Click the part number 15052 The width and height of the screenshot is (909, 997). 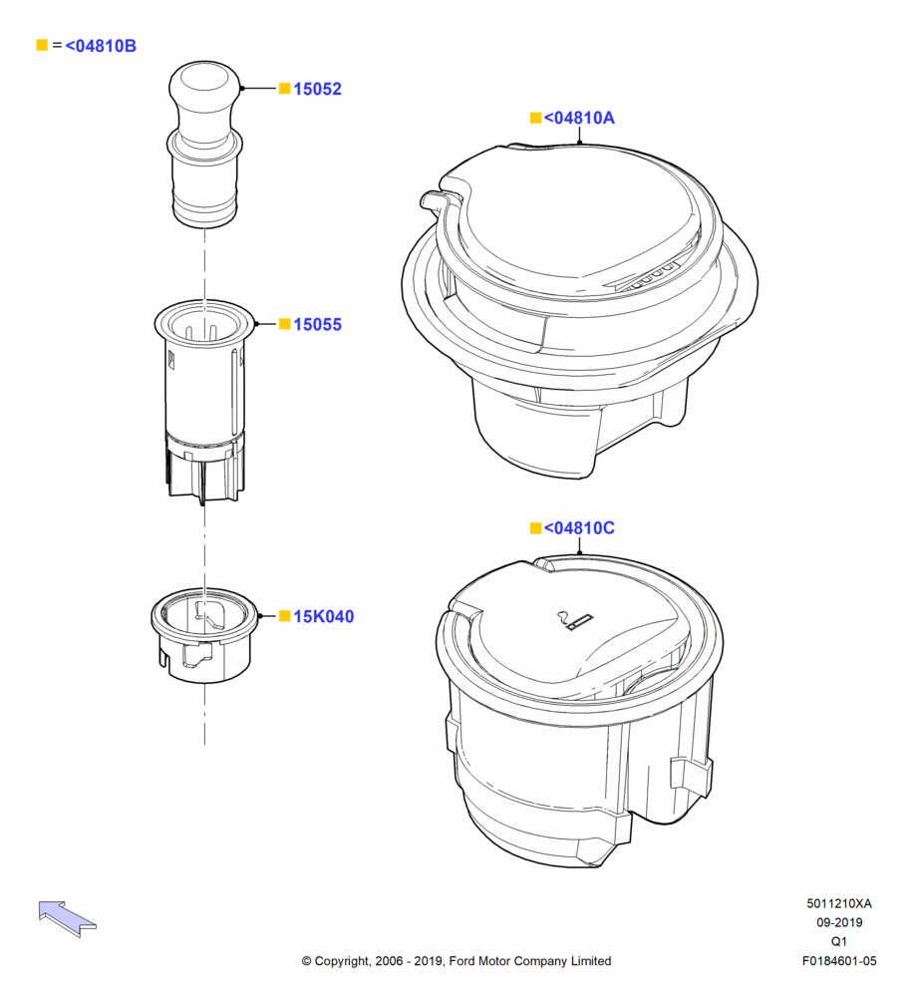coord(317,89)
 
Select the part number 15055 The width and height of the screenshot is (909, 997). coord(317,324)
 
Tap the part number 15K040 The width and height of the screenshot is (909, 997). coord(324,616)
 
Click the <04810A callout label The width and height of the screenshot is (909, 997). coord(579,118)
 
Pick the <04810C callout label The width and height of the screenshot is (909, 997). coord(579,527)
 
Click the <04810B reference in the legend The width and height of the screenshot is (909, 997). coord(101,46)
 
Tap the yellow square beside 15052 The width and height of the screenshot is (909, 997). coord(285,89)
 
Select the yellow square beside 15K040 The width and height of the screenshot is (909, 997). coord(285,615)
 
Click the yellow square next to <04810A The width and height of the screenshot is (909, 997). coord(536,118)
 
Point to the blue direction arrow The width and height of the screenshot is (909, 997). coord(67,918)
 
